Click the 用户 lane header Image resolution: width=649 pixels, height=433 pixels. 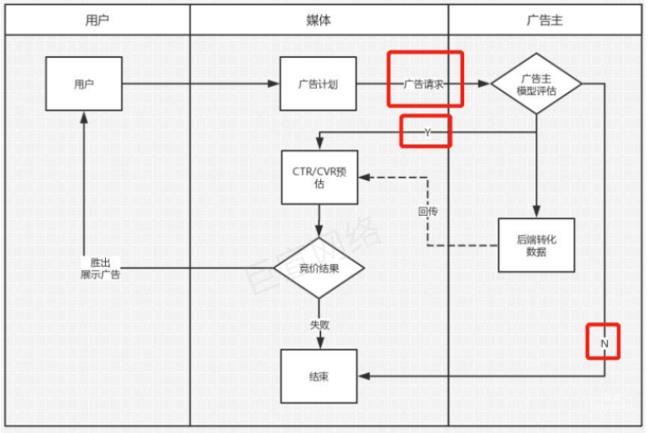(97, 20)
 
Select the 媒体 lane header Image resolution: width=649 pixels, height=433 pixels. (318, 20)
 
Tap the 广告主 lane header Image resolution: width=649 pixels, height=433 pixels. (544, 20)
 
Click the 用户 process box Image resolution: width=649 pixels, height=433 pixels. (83, 84)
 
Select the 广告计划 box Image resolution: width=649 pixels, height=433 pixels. (319, 84)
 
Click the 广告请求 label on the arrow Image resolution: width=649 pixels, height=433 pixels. (425, 84)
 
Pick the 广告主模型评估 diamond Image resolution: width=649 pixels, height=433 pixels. (536, 85)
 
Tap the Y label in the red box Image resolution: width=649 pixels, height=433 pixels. (426, 132)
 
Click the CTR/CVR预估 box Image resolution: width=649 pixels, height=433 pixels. (319, 177)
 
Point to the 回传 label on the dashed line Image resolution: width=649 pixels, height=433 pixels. (428, 211)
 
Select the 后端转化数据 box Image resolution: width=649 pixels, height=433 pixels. (536, 245)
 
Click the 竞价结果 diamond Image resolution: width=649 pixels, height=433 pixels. (319, 269)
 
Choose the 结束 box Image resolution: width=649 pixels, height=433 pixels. (319, 377)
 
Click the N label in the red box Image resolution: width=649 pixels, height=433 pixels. (604, 343)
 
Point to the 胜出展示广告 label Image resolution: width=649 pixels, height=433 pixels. (100, 269)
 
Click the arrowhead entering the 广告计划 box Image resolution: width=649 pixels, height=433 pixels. (274, 84)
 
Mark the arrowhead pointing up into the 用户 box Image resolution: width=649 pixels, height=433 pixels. (83, 117)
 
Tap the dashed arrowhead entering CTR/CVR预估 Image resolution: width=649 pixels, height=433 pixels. (363, 177)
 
